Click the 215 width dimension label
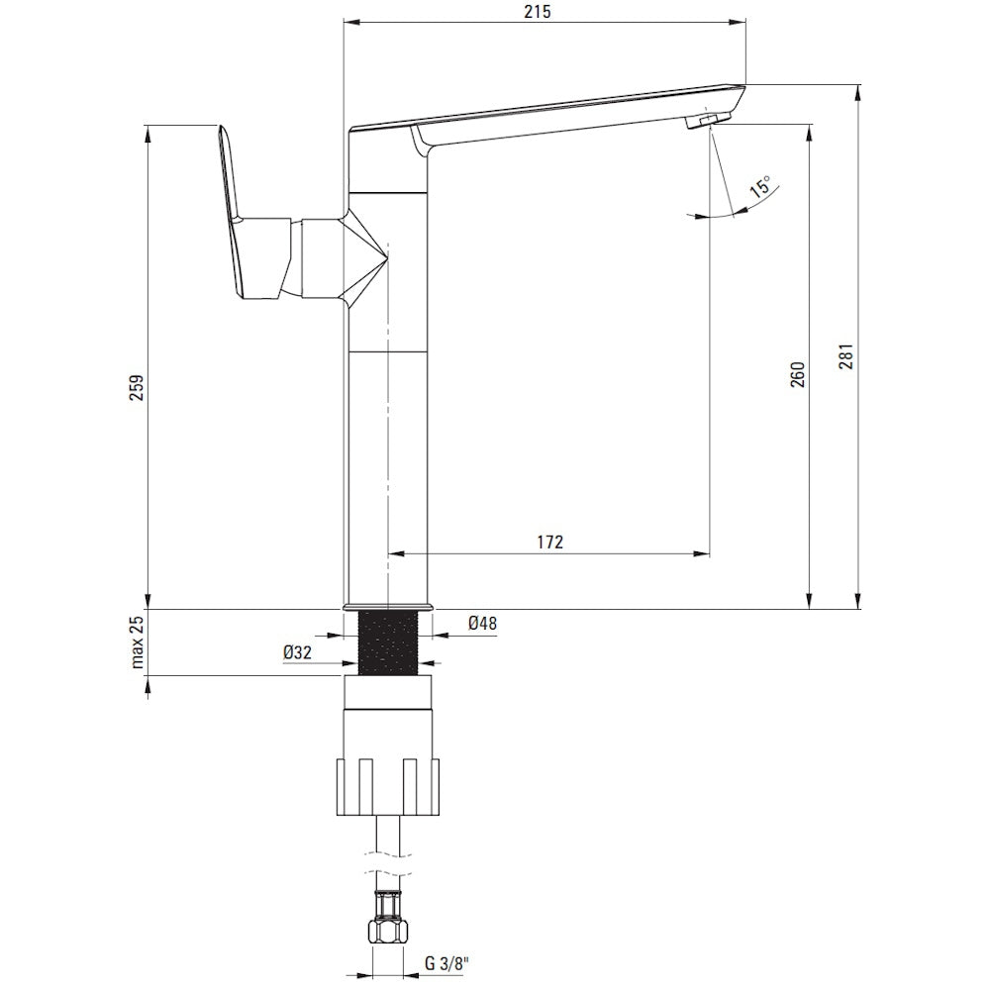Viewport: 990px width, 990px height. click(x=538, y=11)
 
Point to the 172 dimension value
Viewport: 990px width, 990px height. click(x=549, y=542)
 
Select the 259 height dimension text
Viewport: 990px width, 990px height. click(x=137, y=388)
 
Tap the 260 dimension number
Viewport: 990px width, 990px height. click(x=798, y=374)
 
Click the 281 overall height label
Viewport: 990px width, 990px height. click(x=846, y=356)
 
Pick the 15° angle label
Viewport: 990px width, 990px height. click(x=759, y=187)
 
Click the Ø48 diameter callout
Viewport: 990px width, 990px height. click(x=482, y=623)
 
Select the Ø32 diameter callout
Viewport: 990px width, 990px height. click(x=297, y=652)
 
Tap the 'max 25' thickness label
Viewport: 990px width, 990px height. click(x=137, y=642)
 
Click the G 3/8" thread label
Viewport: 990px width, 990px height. click(x=446, y=963)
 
